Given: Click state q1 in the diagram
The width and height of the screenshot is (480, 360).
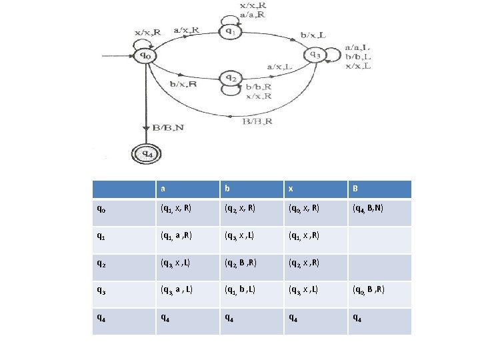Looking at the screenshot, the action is coord(229,31).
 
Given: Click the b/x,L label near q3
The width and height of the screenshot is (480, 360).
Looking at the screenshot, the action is coord(313,35).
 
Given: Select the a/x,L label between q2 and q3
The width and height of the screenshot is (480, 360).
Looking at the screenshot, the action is coord(280,67).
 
